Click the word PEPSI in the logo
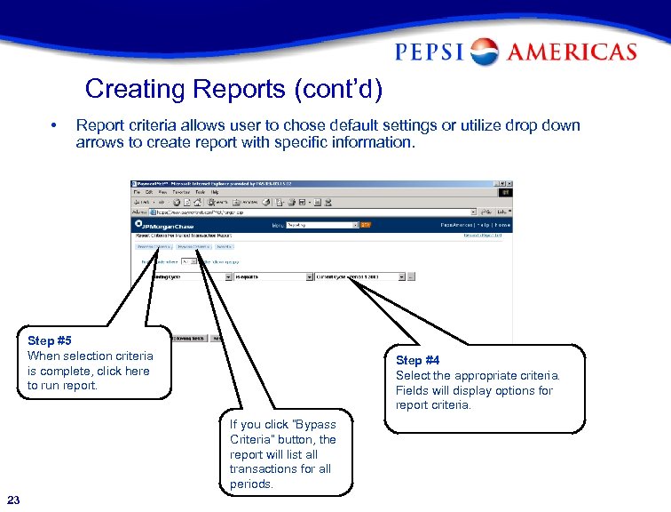pyautogui.click(x=430, y=52)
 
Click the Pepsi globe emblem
pyautogui.click(x=485, y=52)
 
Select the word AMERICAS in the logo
pyautogui.click(x=570, y=52)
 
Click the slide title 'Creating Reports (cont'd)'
pyautogui.click(x=233, y=89)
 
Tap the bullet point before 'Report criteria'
pyautogui.click(x=55, y=125)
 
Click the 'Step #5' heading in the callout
pyautogui.click(x=50, y=340)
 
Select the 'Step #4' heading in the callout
pyautogui.click(x=417, y=360)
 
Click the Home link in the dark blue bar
pyautogui.click(x=503, y=225)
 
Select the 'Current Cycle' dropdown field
pyautogui.click(x=360, y=276)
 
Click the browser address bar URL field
pyautogui.click(x=311, y=212)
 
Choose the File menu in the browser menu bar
pyautogui.click(x=138, y=192)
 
